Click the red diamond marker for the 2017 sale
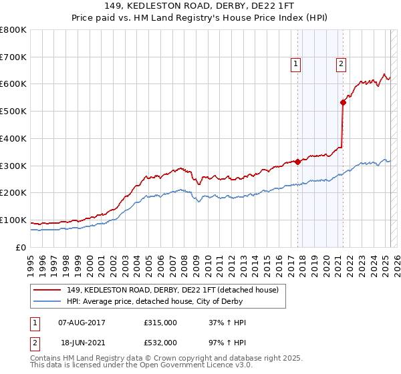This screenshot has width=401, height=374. click(x=297, y=161)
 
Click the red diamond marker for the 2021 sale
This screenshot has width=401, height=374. click(x=343, y=102)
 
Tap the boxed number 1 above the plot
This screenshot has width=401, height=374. click(x=295, y=64)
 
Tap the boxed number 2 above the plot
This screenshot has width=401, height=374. click(x=341, y=64)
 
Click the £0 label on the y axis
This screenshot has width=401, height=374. click(x=21, y=247)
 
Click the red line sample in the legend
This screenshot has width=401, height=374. click(x=47, y=289)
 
